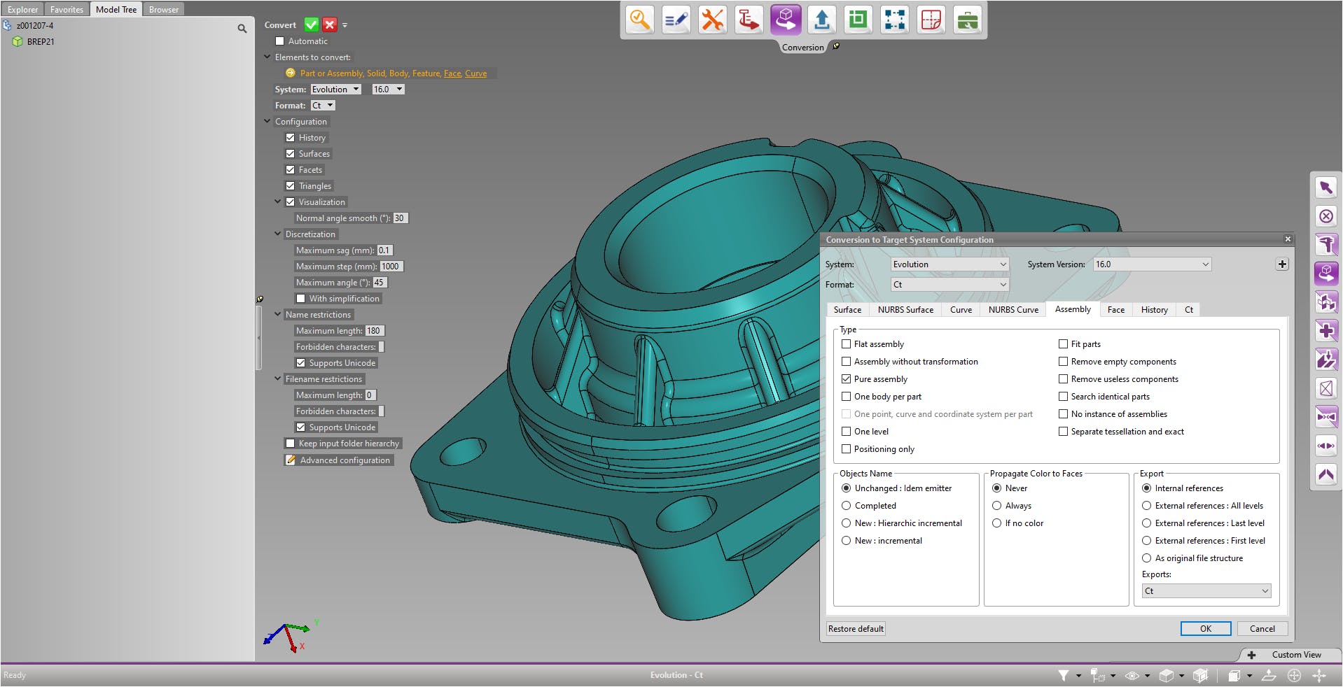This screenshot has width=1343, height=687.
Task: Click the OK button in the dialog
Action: click(x=1205, y=628)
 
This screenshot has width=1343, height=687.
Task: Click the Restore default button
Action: click(x=856, y=628)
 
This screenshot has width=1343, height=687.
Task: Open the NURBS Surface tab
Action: click(x=905, y=309)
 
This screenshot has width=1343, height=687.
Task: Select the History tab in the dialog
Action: click(x=1154, y=309)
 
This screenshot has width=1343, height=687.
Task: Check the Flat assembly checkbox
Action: click(x=846, y=343)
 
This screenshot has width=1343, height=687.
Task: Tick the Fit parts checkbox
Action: click(x=1063, y=343)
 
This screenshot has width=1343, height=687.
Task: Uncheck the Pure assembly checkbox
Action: click(x=846, y=378)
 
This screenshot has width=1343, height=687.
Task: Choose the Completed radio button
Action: click(x=846, y=505)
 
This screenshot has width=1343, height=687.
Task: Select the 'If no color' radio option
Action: click(x=996, y=523)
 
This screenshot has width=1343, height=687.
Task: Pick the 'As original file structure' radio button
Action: click(x=1146, y=558)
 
